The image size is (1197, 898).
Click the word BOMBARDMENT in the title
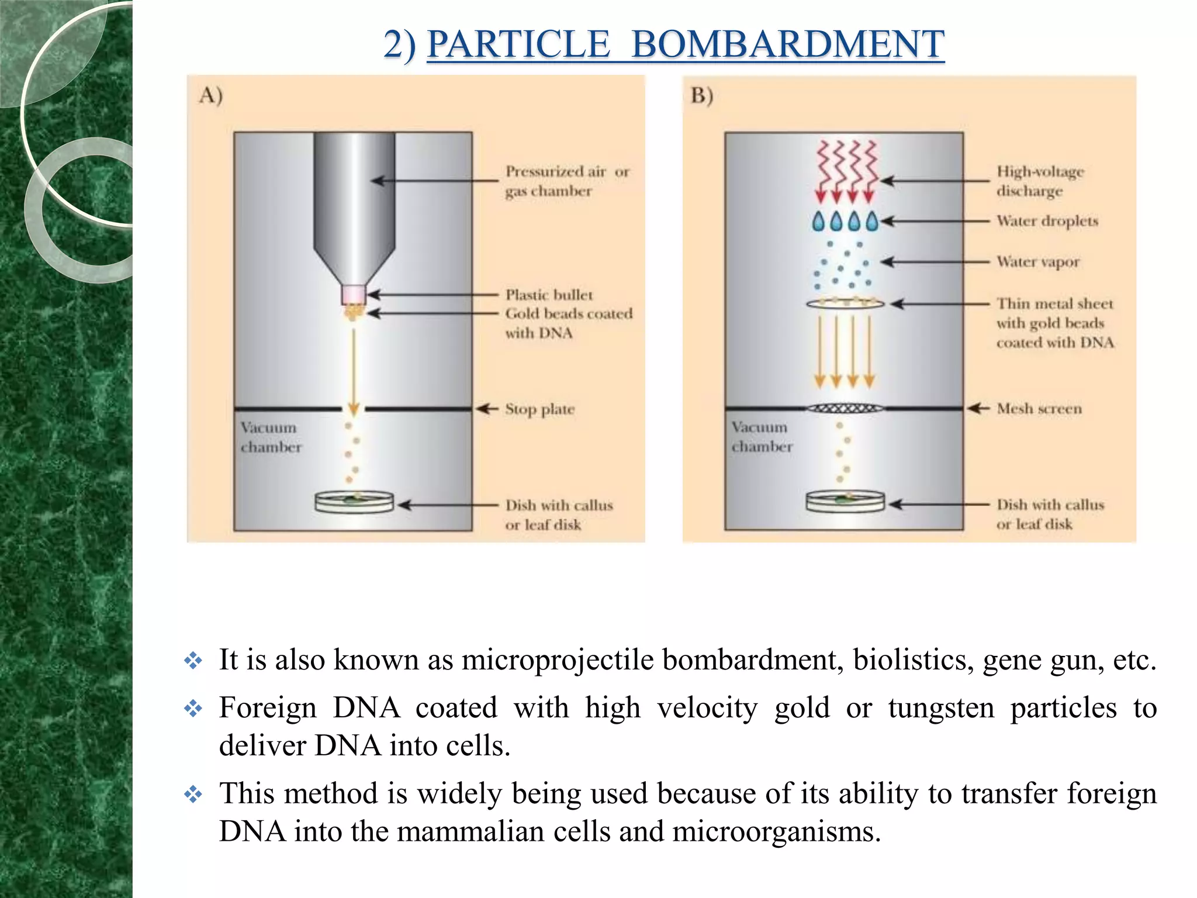tap(787, 44)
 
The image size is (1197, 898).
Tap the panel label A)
tap(211, 95)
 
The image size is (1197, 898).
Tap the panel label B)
tap(702, 95)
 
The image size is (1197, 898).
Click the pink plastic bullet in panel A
tap(354, 294)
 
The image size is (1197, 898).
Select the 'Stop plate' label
tap(539, 409)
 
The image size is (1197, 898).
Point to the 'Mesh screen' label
tap(1039, 408)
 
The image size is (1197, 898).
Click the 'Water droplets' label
tap(1047, 221)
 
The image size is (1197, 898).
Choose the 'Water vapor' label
tap(1038, 261)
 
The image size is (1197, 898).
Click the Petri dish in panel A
tap(354, 502)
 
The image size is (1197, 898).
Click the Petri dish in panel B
tap(845, 502)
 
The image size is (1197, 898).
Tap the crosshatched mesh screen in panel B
tap(845, 408)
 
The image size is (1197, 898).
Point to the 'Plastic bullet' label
tap(549, 295)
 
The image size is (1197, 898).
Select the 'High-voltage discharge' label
tap(1040, 181)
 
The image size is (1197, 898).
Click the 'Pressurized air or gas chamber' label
tap(567, 181)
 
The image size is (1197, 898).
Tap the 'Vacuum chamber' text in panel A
tap(271, 437)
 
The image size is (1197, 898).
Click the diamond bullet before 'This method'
tap(193, 795)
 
